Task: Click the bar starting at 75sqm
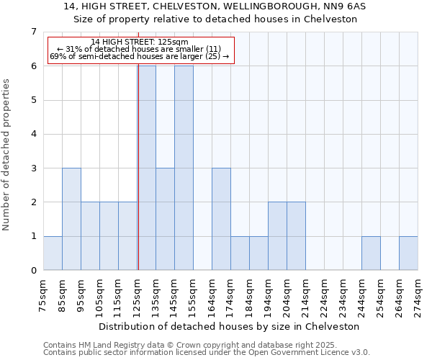coord(53,253)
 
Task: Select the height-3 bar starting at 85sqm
coord(71,219)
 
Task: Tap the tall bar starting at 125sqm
coord(147,168)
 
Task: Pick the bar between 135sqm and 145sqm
coord(165,219)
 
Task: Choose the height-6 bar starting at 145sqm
coord(184,168)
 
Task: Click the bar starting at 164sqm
coord(221,219)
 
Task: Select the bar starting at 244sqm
coord(371,253)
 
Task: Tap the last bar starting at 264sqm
coord(408,253)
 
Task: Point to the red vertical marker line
coord(138,180)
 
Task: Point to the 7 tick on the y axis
coord(33,32)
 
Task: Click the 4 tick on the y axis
coord(33,134)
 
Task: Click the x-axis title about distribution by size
coord(230,326)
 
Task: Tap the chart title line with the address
coord(215,6)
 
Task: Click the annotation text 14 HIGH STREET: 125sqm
coord(140,42)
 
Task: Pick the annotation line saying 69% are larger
coord(140,56)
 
